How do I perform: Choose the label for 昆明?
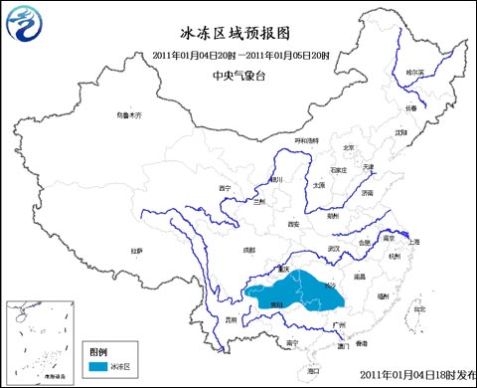[x=231, y=319]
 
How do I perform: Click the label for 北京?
[x=348, y=148]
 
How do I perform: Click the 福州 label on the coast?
[x=382, y=295]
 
